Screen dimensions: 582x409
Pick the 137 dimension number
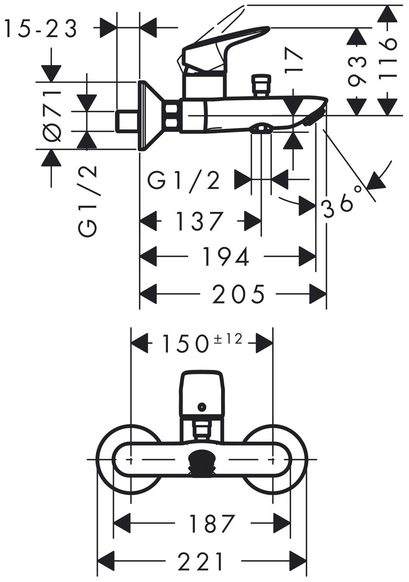(x=199, y=221)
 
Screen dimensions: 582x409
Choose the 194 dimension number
(x=226, y=256)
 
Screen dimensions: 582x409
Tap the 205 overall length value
(x=238, y=294)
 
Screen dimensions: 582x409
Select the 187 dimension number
(x=212, y=523)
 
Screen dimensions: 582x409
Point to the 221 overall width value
(x=201, y=561)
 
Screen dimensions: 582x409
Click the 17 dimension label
(x=294, y=59)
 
